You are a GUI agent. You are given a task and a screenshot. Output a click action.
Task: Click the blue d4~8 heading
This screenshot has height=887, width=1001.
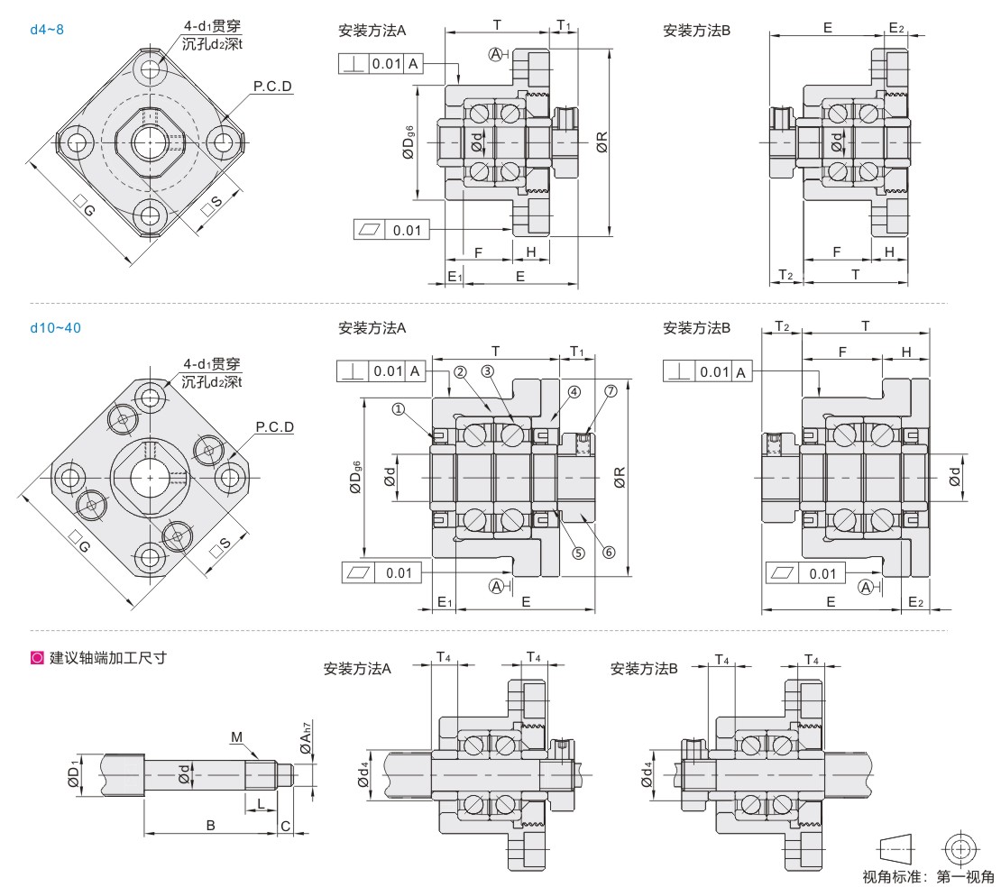(x=47, y=30)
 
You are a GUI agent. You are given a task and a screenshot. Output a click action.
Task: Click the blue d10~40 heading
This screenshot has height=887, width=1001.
(x=56, y=328)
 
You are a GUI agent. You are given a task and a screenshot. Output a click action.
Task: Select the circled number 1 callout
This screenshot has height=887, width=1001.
(x=399, y=409)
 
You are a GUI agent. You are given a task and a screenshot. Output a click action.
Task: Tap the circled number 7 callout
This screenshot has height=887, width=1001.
(x=611, y=390)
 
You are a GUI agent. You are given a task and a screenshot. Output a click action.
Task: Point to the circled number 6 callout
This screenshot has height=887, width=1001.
(x=609, y=552)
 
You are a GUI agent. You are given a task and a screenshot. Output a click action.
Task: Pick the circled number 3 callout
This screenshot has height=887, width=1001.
(x=487, y=371)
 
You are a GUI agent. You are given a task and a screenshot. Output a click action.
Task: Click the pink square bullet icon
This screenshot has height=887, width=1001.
(x=37, y=658)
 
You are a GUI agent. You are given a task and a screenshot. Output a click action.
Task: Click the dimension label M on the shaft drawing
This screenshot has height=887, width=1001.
(x=237, y=737)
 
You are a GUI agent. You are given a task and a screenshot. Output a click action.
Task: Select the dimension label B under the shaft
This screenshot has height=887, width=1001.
(x=211, y=826)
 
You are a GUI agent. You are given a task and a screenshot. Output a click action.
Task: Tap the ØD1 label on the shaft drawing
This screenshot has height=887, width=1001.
(x=74, y=773)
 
